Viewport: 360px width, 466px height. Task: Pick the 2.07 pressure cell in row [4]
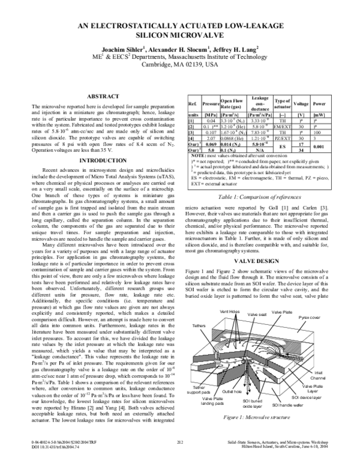(211, 138)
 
